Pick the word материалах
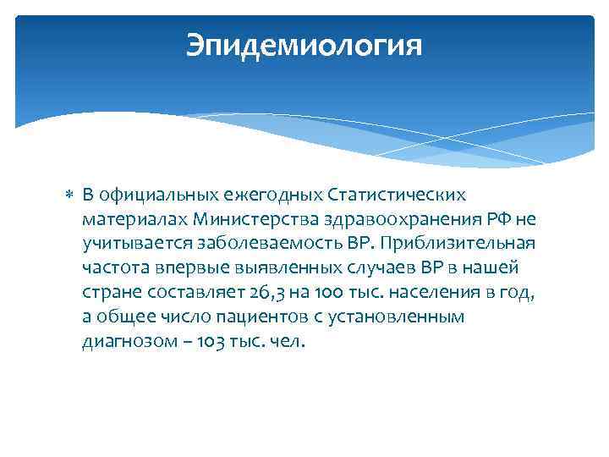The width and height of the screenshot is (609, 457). coord(135,220)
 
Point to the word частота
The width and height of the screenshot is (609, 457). coord(113,269)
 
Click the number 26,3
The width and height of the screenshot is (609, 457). coord(261,294)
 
